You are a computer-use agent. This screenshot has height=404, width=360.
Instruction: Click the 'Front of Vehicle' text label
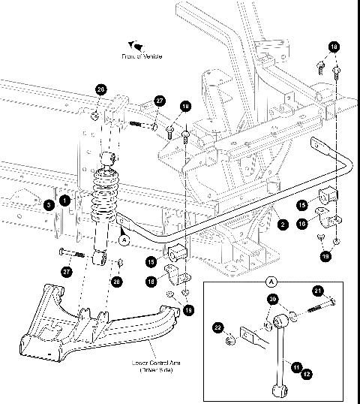[142, 56]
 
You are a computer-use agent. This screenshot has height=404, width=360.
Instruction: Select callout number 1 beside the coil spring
[66, 201]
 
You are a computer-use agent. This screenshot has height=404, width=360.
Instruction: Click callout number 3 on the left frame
[48, 204]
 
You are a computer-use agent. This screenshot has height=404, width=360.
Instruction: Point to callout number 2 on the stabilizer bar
[282, 223]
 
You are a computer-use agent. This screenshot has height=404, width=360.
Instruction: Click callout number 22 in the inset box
[218, 327]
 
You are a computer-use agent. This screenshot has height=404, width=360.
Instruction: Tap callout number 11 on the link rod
[296, 366]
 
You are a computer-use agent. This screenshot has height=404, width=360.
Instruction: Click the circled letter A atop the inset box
[273, 283]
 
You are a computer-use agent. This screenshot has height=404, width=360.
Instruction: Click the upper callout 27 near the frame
[159, 101]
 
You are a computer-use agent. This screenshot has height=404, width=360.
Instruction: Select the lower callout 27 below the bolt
[67, 273]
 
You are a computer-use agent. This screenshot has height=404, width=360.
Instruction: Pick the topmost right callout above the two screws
[334, 47]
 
